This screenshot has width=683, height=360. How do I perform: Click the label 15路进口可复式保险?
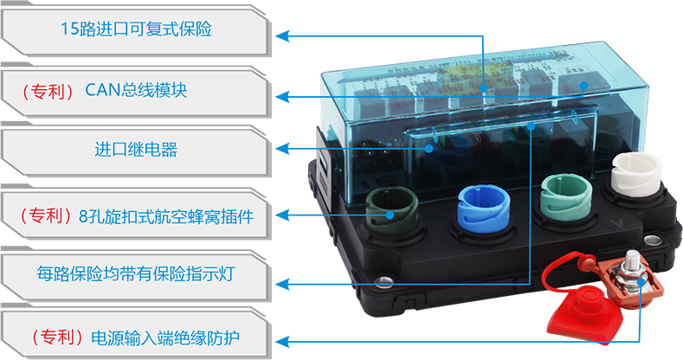click(136, 29)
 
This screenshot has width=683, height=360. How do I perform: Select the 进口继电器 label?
click(136, 150)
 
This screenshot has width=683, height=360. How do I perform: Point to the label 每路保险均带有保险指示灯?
click(136, 275)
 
